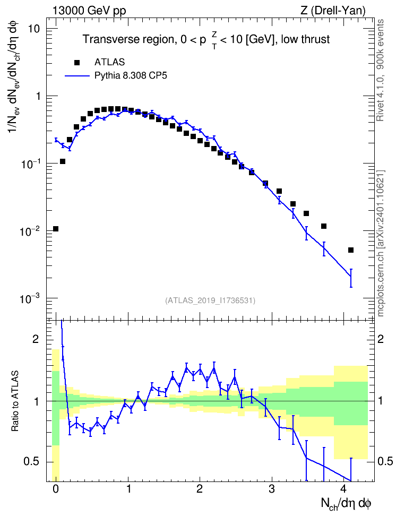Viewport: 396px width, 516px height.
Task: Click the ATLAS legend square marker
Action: pyautogui.click(x=77, y=62)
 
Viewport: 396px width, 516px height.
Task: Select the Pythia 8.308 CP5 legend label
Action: pyautogui.click(x=131, y=76)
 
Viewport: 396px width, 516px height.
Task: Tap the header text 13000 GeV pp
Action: pyautogui.click(x=89, y=11)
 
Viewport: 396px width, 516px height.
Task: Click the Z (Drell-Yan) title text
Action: pyautogui.click(x=333, y=11)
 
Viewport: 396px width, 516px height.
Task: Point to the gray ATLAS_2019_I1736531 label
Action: pyautogui.click(x=210, y=300)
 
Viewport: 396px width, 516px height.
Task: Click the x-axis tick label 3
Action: pyautogui.click(x=271, y=488)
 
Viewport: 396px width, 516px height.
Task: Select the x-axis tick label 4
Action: pyautogui.click(x=343, y=488)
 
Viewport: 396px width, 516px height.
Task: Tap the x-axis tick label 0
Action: pyautogui.click(x=56, y=488)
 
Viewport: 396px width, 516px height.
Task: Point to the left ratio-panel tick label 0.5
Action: pyautogui.click(x=31, y=462)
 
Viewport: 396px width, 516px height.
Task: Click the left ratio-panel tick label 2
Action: pyautogui.click(x=36, y=339)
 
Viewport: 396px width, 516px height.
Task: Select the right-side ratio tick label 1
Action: pyautogui.click(x=380, y=401)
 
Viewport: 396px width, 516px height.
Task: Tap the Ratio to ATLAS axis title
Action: pyautogui.click(x=14, y=401)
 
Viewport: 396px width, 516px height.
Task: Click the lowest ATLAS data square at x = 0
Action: pyautogui.click(x=56, y=229)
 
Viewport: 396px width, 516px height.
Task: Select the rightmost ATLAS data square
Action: pyautogui.click(x=351, y=250)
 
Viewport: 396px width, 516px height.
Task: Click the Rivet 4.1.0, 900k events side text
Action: pyautogui.click(x=380, y=71)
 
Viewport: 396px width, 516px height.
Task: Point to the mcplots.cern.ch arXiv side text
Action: pyautogui.click(x=381, y=244)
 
